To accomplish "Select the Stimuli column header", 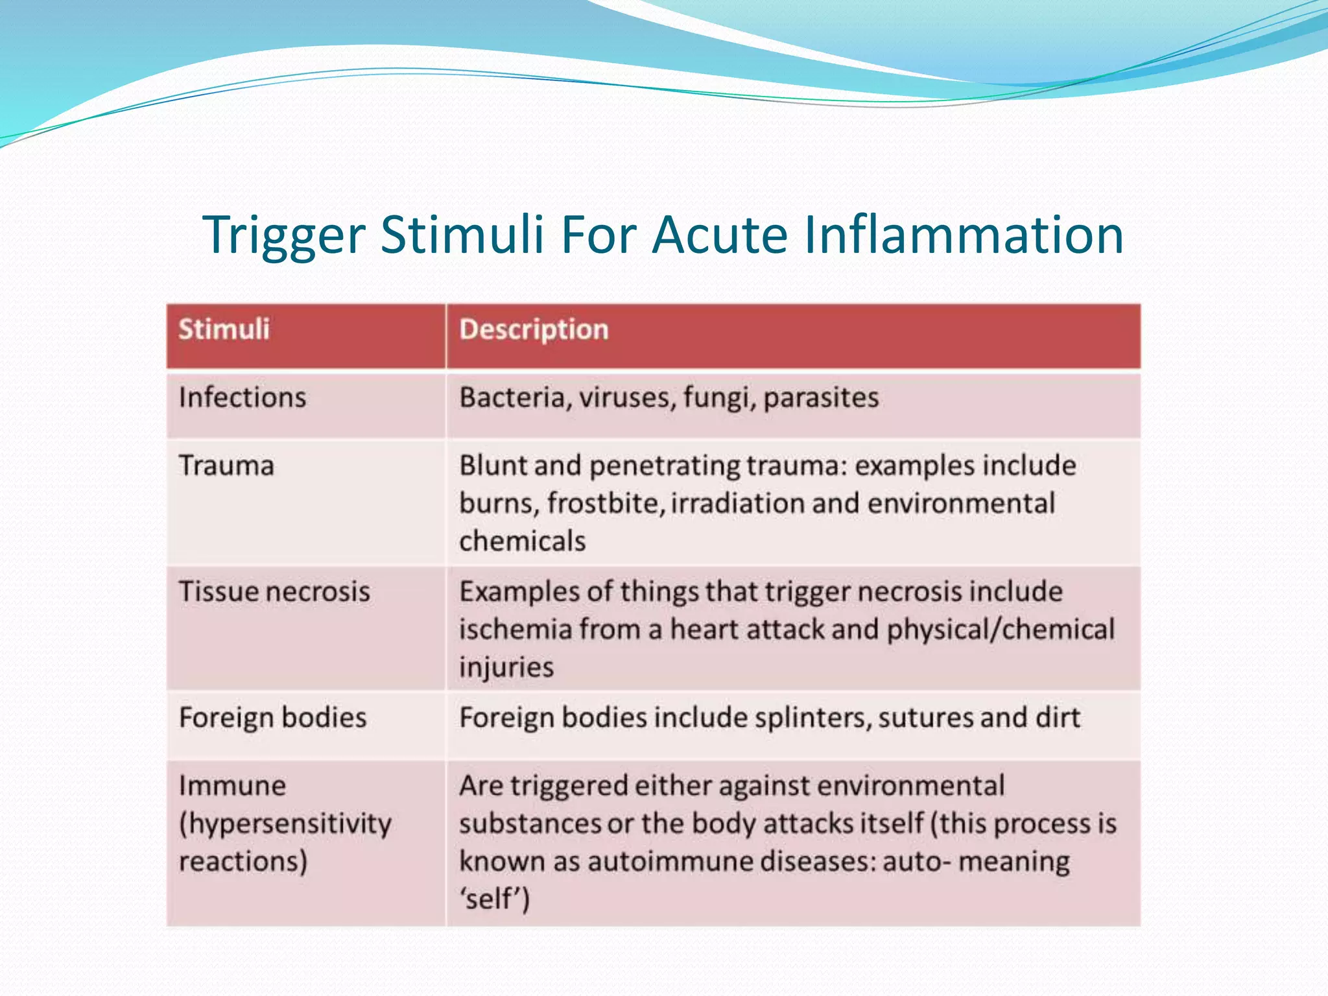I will pos(224,329).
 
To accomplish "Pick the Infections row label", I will pos(242,397).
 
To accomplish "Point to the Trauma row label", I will pos(226,466).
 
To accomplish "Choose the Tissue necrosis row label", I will pos(274,591).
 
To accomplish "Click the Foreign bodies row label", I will pos(272,718).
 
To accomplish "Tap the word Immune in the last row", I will pos(232,786).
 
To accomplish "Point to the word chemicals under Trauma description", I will pos(522,541).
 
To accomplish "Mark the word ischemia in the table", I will pos(516,630).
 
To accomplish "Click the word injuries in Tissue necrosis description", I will pos(506,667).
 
